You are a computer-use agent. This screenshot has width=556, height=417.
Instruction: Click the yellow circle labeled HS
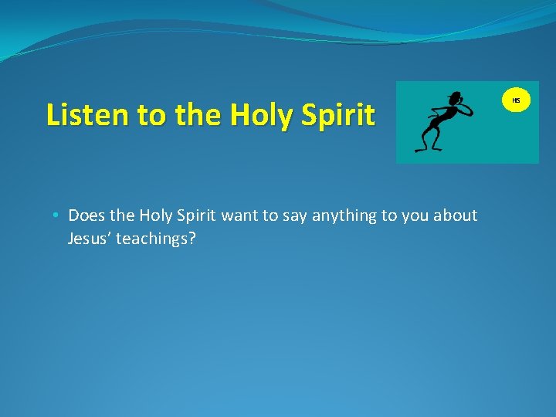pyautogui.click(x=517, y=100)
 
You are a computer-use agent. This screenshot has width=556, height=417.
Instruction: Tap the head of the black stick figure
pyautogui.click(x=456, y=99)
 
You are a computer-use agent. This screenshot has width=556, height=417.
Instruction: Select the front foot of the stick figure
pyautogui.click(x=422, y=148)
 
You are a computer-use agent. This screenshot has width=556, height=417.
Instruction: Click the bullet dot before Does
pyautogui.click(x=59, y=215)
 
